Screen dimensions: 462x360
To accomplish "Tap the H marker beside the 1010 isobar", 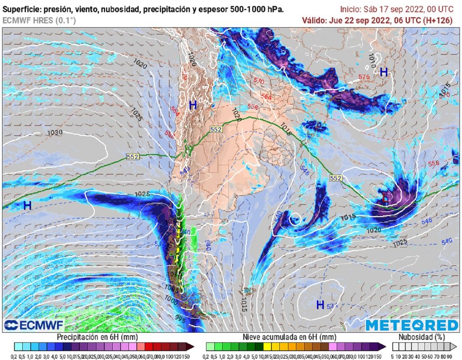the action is (x=384, y=72).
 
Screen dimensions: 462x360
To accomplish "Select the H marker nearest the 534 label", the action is (x=320, y=305).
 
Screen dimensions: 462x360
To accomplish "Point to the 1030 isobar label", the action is (x=55, y=133).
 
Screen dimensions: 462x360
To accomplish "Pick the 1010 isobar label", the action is (x=372, y=59).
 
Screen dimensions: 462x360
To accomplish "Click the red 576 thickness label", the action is (x=364, y=77).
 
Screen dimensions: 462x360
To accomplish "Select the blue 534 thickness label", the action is (x=333, y=307).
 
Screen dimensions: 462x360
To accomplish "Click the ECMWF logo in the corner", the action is (x=34, y=325).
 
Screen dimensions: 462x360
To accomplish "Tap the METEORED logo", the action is (x=411, y=325).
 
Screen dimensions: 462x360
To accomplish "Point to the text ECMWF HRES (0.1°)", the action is (x=39, y=20).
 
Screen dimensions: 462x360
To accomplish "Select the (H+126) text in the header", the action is (x=442, y=20).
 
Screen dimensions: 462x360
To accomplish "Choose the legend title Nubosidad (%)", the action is (x=423, y=337).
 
